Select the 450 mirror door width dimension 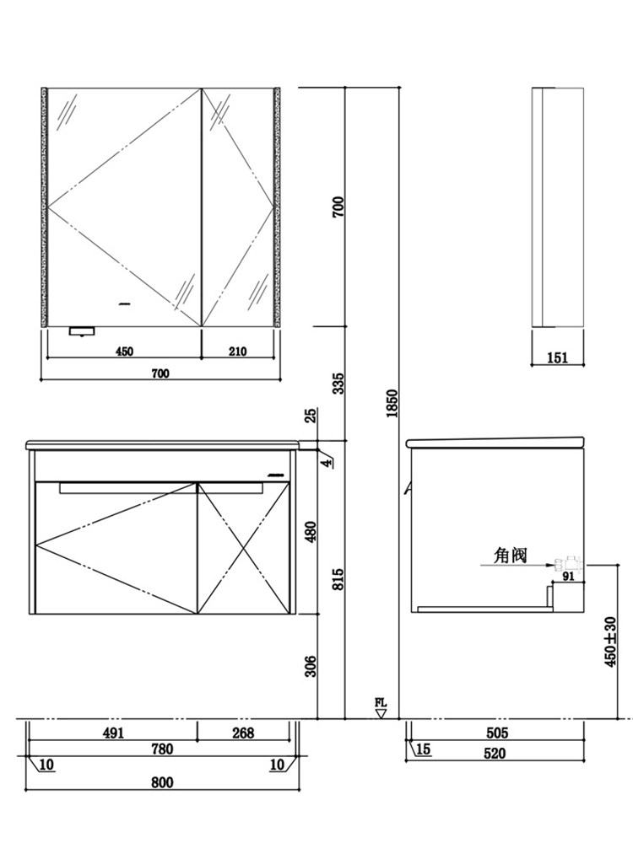(124, 352)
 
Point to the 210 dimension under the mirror (237, 352)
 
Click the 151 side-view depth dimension (557, 357)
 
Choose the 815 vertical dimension (338, 579)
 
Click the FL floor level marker (381, 706)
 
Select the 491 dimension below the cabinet (112, 733)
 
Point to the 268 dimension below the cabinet (242, 733)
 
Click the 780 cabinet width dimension (162, 749)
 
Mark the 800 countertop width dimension (162, 782)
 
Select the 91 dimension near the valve (567, 577)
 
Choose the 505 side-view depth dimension (496, 733)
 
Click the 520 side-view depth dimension (496, 754)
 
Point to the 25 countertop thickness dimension (310, 416)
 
